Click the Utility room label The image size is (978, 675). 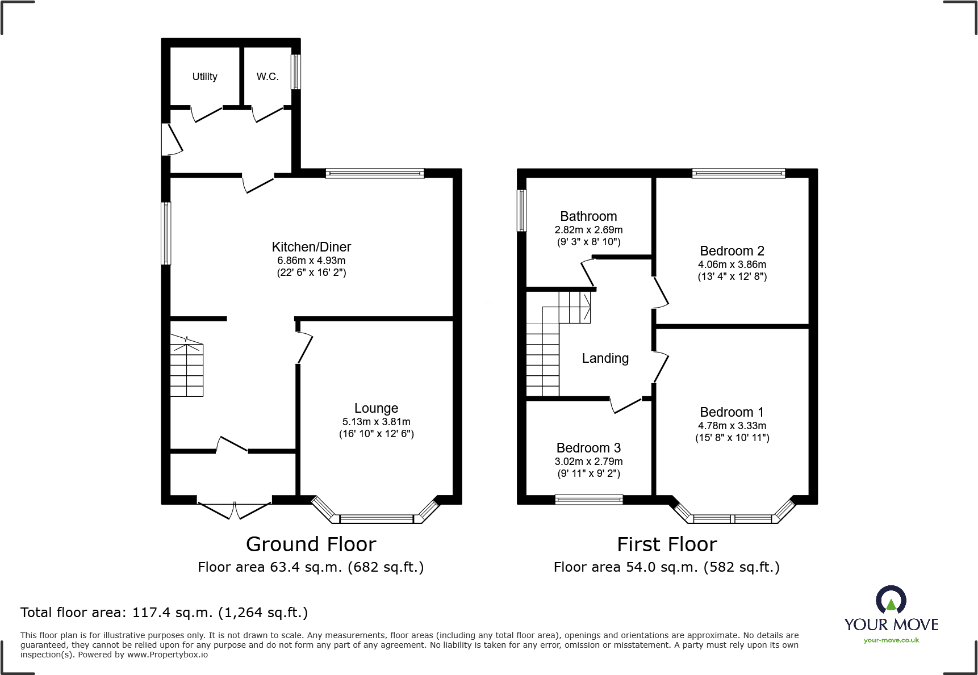point(204,77)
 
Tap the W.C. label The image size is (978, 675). point(268,77)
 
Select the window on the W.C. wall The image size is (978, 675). point(295,72)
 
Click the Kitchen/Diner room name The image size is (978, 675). point(311,247)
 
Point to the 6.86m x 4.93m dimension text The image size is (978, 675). point(311,261)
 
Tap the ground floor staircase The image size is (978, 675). point(187,366)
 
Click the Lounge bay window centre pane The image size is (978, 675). point(376,518)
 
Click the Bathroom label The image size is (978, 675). point(588,216)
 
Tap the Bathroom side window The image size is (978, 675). point(521,210)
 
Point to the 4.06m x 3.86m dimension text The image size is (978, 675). point(732,265)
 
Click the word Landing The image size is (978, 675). point(605,358)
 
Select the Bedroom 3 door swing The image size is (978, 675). point(625,405)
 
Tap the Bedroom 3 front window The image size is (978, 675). point(589,500)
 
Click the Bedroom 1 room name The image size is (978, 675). point(732,412)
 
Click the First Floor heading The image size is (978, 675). point(667,544)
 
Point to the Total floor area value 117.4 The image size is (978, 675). point(148,613)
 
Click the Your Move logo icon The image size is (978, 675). point(891,601)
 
